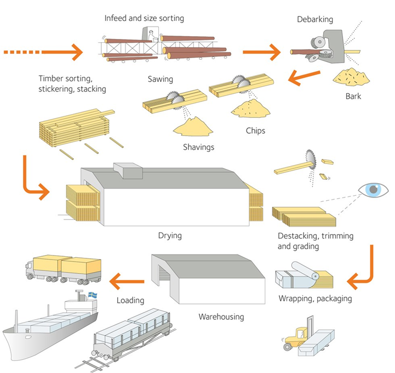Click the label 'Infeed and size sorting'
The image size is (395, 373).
point(144,18)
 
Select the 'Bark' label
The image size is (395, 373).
point(353,97)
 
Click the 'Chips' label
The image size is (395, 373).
point(255,131)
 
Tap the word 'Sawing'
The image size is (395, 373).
point(160,79)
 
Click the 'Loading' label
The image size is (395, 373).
point(130,300)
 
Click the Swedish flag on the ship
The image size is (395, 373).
point(92,295)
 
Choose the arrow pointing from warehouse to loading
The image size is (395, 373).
point(127,281)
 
